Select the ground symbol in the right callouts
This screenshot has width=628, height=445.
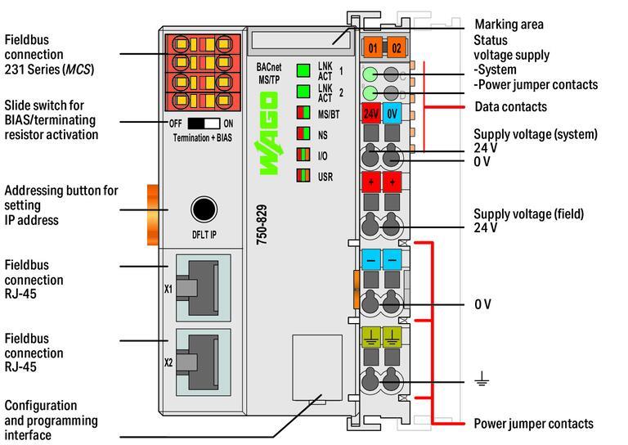pyautogui.click(x=482, y=379)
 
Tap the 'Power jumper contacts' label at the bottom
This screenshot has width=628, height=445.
pyautogui.click(x=533, y=424)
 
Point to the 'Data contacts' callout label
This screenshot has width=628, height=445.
pyautogui.click(x=510, y=107)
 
